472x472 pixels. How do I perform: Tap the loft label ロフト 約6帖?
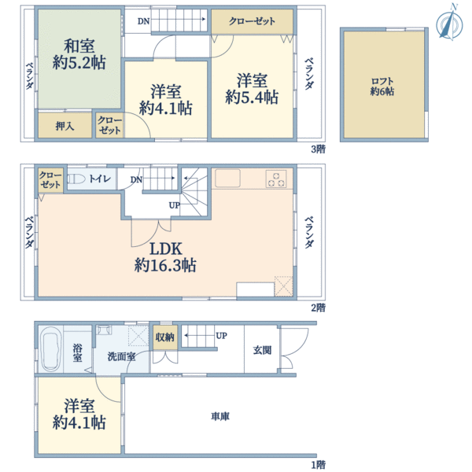tap(383, 86)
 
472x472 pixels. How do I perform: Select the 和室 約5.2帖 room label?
tap(81, 53)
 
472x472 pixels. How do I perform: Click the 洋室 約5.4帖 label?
tap(252, 87)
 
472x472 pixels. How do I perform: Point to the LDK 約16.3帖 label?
tap(165, 257)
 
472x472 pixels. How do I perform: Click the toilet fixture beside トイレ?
tap(76, 180)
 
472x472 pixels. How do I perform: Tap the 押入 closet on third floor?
tap(65, 126)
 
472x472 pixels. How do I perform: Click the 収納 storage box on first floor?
tap(164, 337)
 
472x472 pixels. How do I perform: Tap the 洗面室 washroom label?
tap(121, 356)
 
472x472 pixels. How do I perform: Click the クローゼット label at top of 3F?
tap(252, 21)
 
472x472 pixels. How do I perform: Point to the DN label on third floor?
tap(142, 21)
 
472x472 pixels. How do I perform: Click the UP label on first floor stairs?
tap(222, 336)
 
